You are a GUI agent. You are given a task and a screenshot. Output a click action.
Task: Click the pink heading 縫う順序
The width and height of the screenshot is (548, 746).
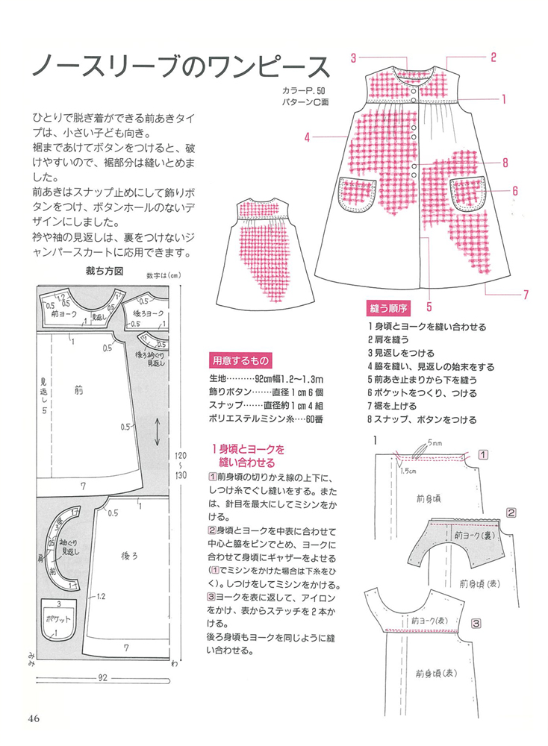click(x=387, y=307)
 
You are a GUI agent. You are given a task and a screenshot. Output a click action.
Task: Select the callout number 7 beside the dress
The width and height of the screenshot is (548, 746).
click(x=526, y=294)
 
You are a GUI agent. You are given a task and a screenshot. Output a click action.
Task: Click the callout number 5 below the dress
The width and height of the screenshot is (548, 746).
click(x=429, y=304)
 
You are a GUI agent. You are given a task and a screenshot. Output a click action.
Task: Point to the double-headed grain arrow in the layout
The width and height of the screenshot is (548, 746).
click(x=160, y=430)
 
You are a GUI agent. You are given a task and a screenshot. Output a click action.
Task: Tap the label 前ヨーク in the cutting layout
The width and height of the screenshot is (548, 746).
click(x=66, y=315)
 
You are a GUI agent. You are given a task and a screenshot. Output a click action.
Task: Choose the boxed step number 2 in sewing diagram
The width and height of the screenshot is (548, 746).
click(x=511, y=513)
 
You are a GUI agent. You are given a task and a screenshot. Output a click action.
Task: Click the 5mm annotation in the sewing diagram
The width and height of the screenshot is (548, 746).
click(x=435, y=442)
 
